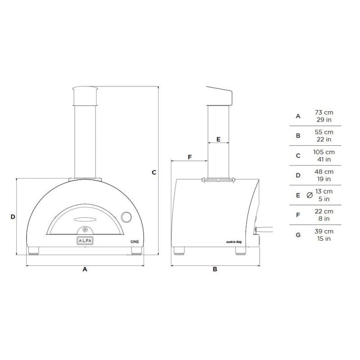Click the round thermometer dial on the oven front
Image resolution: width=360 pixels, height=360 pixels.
[x=127, y=218]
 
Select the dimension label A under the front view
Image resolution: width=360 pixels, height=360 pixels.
[x=85, y=270]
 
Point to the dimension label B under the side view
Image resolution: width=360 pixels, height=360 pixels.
[x=215, y=270]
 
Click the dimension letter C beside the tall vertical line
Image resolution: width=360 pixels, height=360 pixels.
[x=153, y=172]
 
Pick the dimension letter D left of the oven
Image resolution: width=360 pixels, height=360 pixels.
[x=13, y=217]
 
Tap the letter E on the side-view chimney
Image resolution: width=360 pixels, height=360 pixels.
[x=218, y=139]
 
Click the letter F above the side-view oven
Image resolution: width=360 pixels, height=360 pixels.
[x=189, y=157]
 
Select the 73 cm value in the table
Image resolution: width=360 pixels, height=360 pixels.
[x=324, y=112]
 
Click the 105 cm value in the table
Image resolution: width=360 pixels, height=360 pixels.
[x=324, y=152]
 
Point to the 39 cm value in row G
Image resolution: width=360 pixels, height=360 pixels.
[x=324, y=231]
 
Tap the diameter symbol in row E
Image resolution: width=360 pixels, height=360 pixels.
[x=309, y=195]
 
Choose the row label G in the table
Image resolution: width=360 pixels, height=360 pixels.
[x=298, y=235]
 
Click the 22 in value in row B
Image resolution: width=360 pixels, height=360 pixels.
[x=324, y=139]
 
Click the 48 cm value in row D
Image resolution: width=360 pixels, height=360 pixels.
[x=324, y=171]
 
